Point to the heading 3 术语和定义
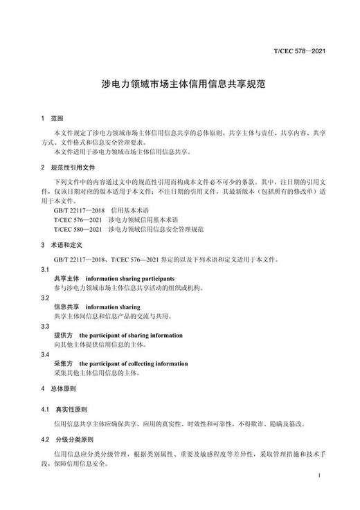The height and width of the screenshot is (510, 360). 59,245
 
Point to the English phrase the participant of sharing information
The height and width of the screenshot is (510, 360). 131,335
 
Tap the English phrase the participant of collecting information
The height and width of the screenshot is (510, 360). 133,363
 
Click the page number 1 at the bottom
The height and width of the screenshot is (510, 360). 317,476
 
